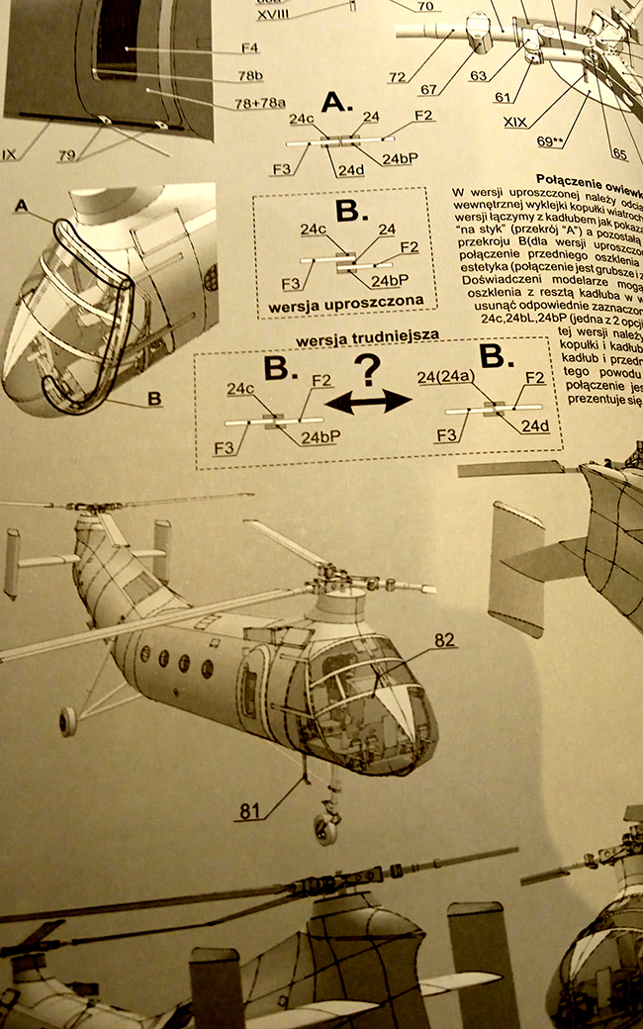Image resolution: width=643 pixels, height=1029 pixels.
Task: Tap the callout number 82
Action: tap(444, 641)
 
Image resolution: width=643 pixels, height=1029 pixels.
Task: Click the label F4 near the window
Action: tap(250, 47)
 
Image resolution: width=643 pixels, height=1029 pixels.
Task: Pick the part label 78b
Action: tap(249, 75)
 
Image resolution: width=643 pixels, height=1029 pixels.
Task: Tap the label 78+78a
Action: tap(259, 102)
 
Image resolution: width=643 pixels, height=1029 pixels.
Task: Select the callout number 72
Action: tap(399, 77)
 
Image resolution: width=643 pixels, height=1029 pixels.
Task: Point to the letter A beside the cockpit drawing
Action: tap(23, 205)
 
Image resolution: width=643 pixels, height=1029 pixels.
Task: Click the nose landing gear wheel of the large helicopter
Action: tap(326, 828)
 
